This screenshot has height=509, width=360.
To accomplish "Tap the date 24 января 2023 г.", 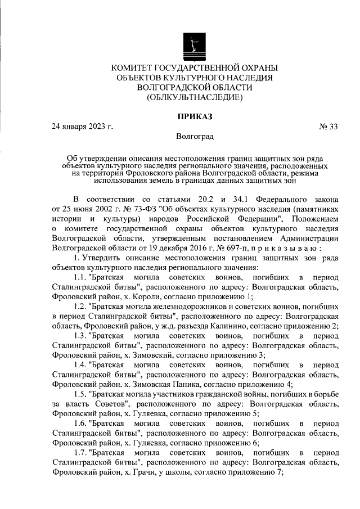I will (82, 127).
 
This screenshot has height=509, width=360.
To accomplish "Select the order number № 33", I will (328, 127).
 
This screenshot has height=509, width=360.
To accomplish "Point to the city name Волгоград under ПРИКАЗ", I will (195, 137).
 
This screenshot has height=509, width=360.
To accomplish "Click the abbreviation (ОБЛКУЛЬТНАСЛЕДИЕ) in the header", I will (195, 97).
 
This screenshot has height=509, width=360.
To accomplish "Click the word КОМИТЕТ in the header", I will (135, 67).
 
